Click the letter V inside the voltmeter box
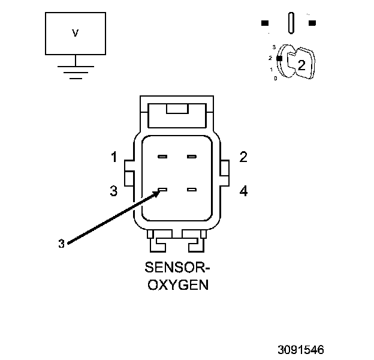click(x=75, y=34)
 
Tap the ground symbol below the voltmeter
click(x=75, y=71)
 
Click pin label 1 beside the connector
click(x=114, y=158)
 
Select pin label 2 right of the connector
click(x=243, y=157)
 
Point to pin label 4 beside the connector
click(x=243, y=191)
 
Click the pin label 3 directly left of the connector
click(x=114, y=191)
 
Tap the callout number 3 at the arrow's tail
click(x=61, y=243)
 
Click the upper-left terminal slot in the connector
click(x=162, y=157)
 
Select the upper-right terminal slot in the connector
click(x=192, y=157)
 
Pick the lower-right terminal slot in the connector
click(x=192, y=190)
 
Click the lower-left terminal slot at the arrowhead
click(x=162, y=191)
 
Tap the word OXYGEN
click(x=177, y=284)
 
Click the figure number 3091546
click(x=300, y=348)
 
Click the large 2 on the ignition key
click(x=301, y=66)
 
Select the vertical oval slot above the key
click(x=291, y=23)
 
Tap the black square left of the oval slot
click(x=264, y=23)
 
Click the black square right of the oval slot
click(x=312, y=23)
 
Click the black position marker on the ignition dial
click(x=279, y=58)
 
